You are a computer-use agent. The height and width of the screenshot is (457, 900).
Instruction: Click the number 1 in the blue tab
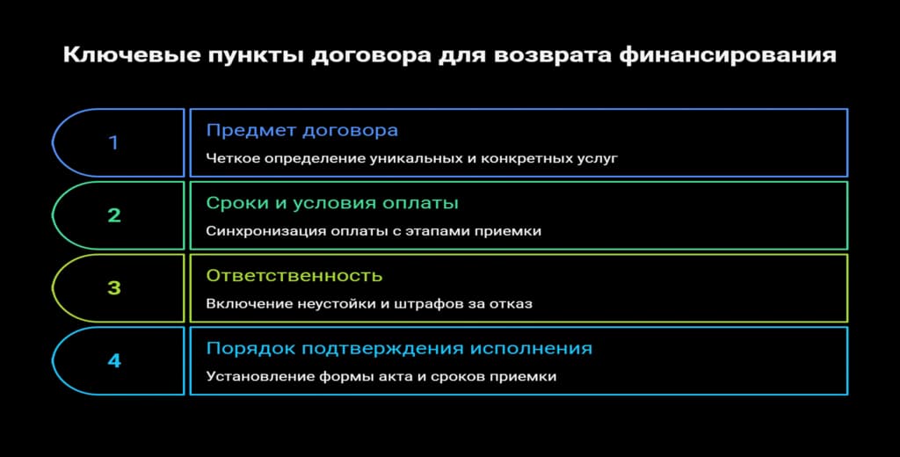(x=113, y=142)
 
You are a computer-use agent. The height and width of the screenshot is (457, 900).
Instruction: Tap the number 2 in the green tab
(x=114, y=215)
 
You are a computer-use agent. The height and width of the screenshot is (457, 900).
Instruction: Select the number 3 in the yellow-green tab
(x=114, y=287)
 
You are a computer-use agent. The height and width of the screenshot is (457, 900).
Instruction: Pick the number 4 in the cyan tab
(x=114, y=360)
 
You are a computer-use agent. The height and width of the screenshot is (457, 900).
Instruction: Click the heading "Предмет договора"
(x=301, y=130)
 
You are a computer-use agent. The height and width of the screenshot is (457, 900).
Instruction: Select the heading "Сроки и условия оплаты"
(x=332, y=203)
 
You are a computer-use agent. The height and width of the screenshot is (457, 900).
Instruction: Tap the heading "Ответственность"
(x=294, y=276)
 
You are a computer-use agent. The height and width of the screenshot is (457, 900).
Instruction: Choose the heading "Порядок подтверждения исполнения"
(x=399, y=349)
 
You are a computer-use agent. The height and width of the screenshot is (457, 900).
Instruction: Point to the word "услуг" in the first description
(x=600, y=159)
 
